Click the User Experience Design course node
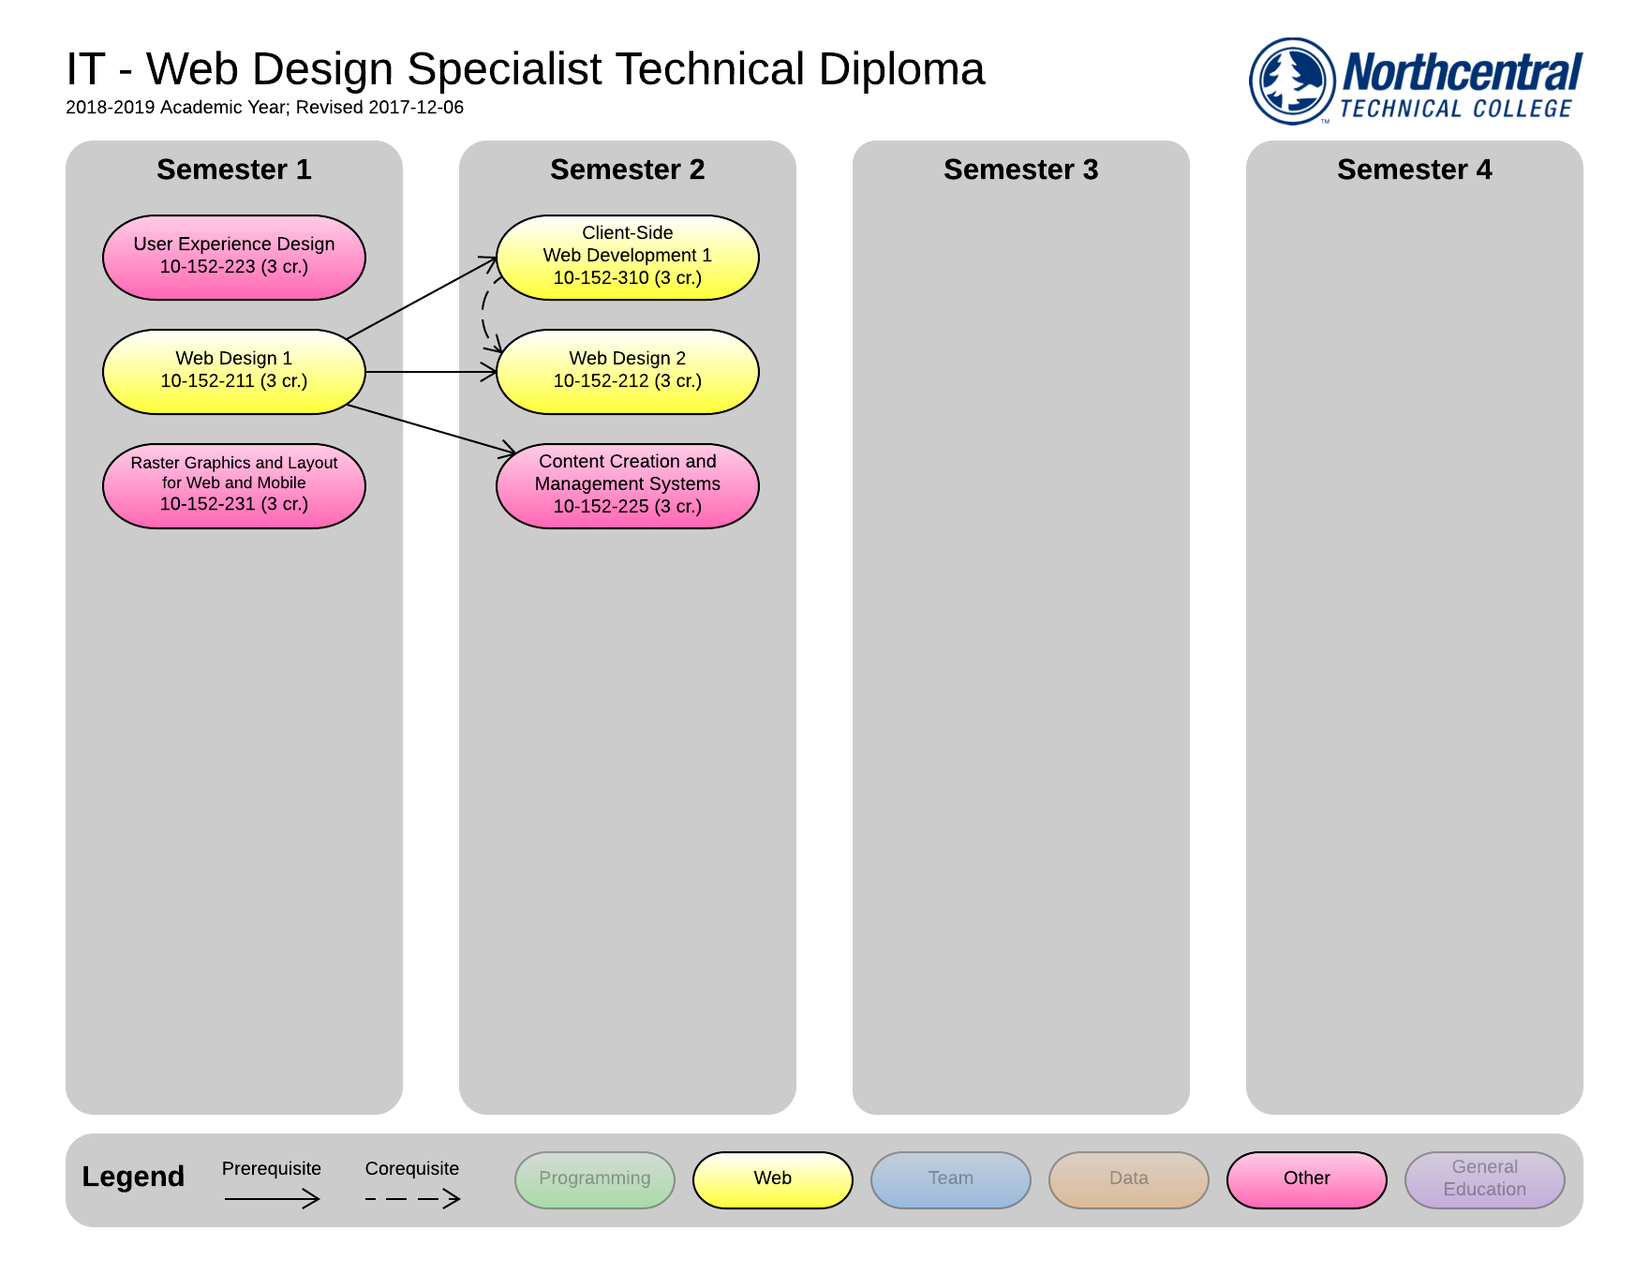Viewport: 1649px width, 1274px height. tap(233, 257)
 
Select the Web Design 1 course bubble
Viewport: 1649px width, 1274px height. tap(233, 371)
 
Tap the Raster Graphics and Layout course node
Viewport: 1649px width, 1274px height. tap(233, 485)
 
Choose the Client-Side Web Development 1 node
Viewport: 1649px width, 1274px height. tap(627, 257)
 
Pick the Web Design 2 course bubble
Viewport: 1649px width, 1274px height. tap(627, 371)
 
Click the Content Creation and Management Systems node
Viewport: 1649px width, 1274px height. tap(627, 485)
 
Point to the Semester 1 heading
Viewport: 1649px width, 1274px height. tap(233, 170)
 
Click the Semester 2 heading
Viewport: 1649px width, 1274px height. tap(627, 170)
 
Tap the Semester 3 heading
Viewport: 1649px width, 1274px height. tap(1020, 170)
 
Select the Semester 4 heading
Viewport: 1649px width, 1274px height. tap(1414, 170)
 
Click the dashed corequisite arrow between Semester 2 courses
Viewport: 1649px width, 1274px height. tap(483, 314)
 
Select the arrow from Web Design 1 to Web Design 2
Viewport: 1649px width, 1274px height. tap(431, 372)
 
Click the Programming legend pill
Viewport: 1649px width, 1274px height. tap(594, 1179)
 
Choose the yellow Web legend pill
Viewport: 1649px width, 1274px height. tap(772, 1179)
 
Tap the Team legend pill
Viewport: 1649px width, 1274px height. tap(950, 1179)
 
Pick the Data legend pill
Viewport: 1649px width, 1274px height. tap(1128, 1179)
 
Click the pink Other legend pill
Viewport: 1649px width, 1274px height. tap(1306, 1179)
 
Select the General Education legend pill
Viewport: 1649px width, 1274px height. tap(1484, 1179)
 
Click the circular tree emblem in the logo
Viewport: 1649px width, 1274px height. tap(1292, 81)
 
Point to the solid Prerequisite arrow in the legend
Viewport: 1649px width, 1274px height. tap(272, 1198)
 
